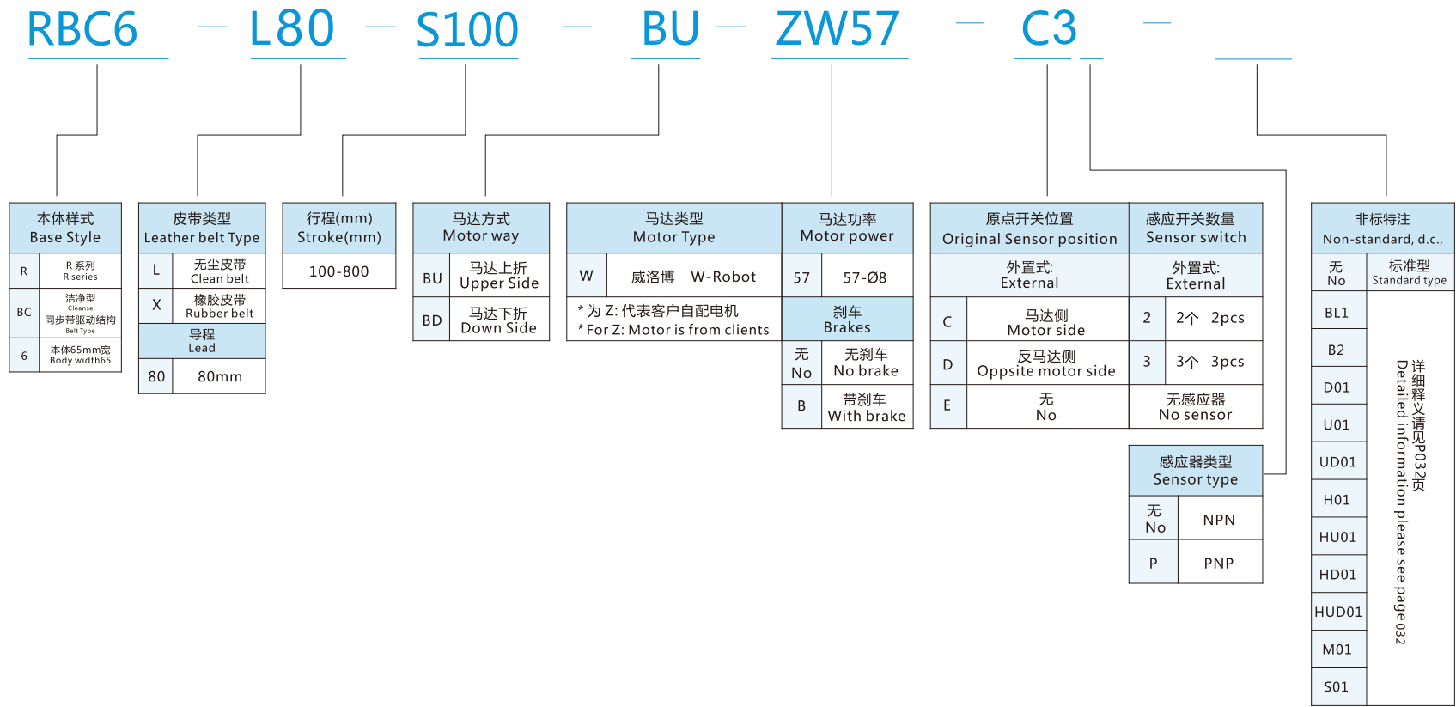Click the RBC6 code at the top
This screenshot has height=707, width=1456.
[82, 29]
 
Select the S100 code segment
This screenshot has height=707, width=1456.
[467, 30]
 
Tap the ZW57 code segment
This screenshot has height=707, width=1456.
[838, 29]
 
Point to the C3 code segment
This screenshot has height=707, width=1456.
[1049, 29]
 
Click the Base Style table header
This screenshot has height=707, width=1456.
[65, 228]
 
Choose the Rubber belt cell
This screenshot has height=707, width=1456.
[219, 307]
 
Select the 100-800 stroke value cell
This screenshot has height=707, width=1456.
[338, 271]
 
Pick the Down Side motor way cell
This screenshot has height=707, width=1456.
[498, 320]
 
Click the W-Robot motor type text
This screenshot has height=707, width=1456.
[723, 277]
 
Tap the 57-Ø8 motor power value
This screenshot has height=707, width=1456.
[864, 277]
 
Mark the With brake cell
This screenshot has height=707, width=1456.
[866, 407]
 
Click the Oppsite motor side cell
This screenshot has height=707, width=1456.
[1046, 363]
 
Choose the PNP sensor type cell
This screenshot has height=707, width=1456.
[1218, 564]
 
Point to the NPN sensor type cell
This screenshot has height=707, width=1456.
[1218, 520]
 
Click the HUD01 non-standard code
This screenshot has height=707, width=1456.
[1338, 612]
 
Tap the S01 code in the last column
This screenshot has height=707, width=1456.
[1337, 686]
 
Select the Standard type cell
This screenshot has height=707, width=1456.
[1409, 273]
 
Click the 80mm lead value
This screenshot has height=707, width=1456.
[219, 376]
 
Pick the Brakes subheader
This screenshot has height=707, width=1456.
[847, 320]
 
